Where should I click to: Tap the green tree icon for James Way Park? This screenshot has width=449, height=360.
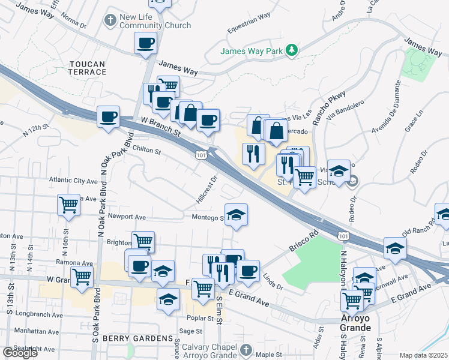click(x=292, y=50)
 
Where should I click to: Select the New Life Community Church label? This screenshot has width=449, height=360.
click(x=155, y=21)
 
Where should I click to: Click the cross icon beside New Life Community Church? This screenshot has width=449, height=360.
click(x=110, y=21)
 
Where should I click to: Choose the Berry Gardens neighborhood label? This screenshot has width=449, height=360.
click(x=137, y=339)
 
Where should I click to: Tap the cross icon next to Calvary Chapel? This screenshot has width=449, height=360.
click(x=245, y=350)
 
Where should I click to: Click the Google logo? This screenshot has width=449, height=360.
click(x=20, y=353)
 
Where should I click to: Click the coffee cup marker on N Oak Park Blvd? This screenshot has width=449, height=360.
click(x=108, y=116)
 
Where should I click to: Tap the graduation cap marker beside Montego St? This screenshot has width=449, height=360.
click(x=237, y=215)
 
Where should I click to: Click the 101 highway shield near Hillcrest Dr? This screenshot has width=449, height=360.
click(x=200, y=155)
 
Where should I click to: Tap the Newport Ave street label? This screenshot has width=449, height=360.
click(x=127, y=217)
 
